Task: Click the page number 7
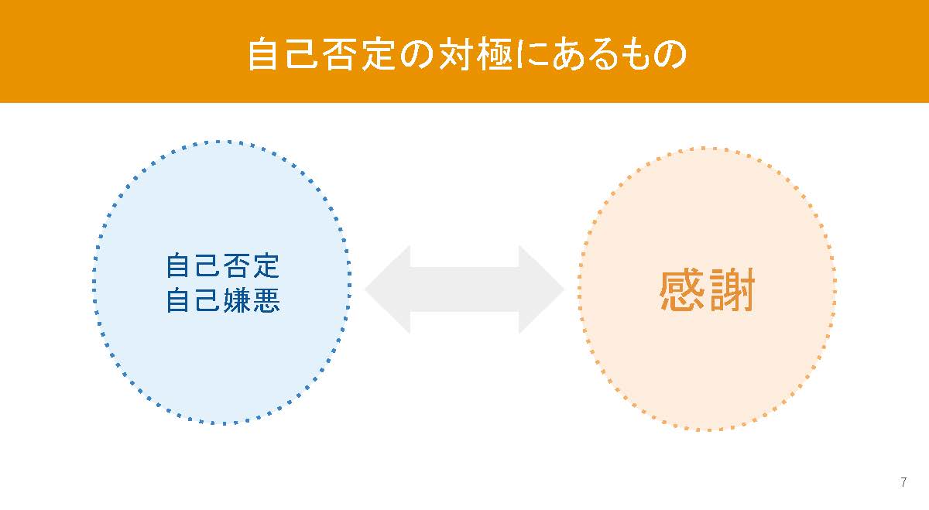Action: [x=903, y=482]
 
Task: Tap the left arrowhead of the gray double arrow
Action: [x=388, y=289]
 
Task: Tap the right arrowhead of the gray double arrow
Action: [x=541, y=289]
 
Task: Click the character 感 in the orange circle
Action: [x=682, y=290]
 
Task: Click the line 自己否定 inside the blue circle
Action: [x=223, y=265]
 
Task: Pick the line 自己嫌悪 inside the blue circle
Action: [x=223, y=299]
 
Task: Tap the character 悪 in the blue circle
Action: [x=266, y=299]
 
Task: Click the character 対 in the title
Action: [x=456, y=54]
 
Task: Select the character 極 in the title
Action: [x=495, y=54]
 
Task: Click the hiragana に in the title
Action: [x=532, y=54]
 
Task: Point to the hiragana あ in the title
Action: [x=570, y=54]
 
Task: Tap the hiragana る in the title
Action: [x=606, y=54]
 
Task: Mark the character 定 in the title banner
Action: [x=378, y=54]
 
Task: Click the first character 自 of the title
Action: [x=262, y=54]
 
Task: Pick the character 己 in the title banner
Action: [x=301, y=54]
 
